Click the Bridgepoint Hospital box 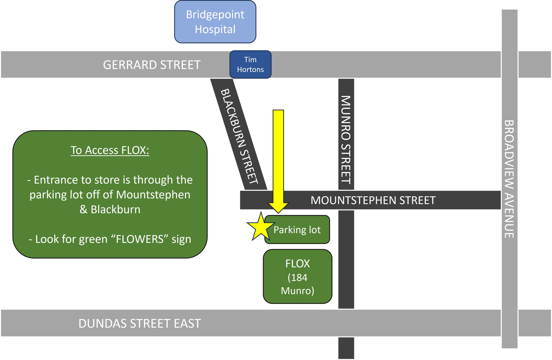215,22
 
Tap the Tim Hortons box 250,64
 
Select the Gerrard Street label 152,65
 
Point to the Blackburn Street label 239,136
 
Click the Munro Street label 346,139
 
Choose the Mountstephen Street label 373,200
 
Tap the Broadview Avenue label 509,179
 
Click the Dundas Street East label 139,324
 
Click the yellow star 260,228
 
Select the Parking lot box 297,230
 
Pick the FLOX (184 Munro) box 297,277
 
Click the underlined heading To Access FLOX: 110,150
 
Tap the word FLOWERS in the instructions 139,239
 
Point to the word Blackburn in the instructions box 116,210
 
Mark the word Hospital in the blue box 215,29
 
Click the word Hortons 250,69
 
